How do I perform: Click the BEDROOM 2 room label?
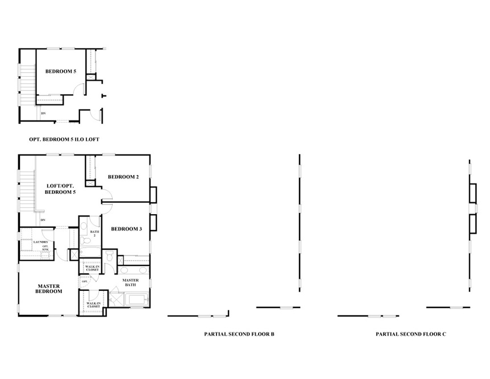123,177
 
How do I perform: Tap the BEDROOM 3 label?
126,229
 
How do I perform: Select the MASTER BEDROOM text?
49,289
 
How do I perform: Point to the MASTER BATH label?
131,282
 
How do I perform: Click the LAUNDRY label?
40,242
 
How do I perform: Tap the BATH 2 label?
95,234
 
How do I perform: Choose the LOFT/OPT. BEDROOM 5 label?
60,189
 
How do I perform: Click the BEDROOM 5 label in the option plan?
61,71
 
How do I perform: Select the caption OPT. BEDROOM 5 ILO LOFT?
64,139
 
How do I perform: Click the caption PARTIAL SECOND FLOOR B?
239,334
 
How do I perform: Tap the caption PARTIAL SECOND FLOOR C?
411,334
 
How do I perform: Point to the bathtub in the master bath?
137,300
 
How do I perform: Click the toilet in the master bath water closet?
109,256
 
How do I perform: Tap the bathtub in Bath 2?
90,252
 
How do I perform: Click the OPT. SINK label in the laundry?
45,248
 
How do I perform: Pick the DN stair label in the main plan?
43,220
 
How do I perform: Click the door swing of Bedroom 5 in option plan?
79,89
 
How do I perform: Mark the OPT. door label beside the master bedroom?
84,281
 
